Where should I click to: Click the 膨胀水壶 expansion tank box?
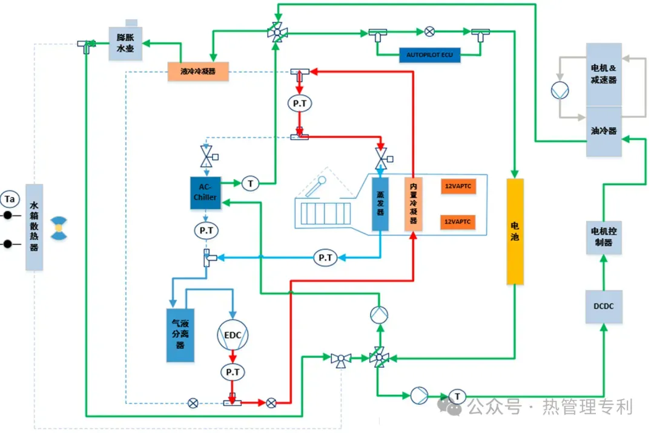[125, 43]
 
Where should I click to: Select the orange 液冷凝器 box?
[198, 71]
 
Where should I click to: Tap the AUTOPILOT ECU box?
[429, 55]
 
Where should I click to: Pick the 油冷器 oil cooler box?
[604, 131]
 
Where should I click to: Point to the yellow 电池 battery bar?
[515, 231]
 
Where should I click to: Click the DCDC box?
[604, 306]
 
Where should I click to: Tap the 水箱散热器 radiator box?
[35, 227]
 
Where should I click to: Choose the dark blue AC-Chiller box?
[205, 193]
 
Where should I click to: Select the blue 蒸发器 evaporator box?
[380, 204]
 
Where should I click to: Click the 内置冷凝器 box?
[413, 204]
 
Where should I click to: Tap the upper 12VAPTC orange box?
[458, 186]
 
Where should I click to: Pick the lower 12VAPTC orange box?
[458, 223]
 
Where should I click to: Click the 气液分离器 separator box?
[180, 335]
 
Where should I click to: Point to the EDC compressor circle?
[233, 335]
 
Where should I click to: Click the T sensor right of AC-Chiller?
[250, 183]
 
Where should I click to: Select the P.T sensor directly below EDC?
[233, 372]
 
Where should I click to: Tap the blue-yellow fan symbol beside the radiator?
[58, 227]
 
